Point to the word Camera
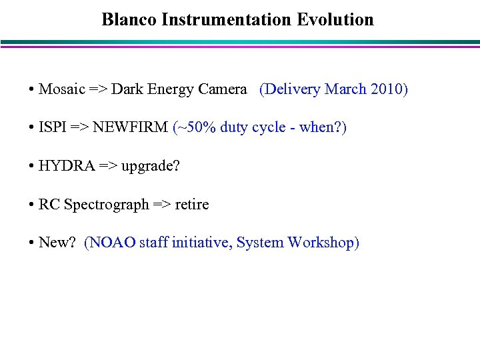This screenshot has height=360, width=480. (x=223, y=89)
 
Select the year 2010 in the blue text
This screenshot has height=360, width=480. (x=386, y=89)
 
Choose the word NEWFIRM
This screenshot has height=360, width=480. (x=131, y=127)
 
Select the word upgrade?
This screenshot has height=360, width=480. (x=149, y=167)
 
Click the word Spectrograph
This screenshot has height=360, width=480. (x=106, y=205)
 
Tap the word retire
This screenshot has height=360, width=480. (x=191, y=204)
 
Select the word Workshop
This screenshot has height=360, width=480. (x=323, y=243)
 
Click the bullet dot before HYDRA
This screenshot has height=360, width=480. (x=32, y=166)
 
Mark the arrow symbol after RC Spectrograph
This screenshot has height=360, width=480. (x=161, y=205)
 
